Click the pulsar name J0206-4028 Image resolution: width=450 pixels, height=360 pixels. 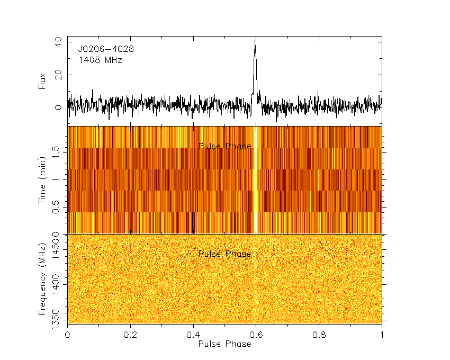pyautogui.click(x=106, y=49)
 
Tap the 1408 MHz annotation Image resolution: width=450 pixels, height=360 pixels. pyautogui.click(x=101, y=60)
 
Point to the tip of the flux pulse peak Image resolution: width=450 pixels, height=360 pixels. pyautogui.click(x=255, y=39)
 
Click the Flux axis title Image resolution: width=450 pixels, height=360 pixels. pyautogui.click(x=42, y=81)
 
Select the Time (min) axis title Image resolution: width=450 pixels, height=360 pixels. pyautogui.click(x=42, y=180)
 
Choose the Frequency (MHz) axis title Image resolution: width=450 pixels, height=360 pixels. pyautogui.click(x=42, y=279)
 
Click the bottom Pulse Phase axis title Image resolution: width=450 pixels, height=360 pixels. pyautogui.click(x=224, y=344)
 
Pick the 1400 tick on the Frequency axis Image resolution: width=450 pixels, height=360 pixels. pyautogui.click(x=58, y=284)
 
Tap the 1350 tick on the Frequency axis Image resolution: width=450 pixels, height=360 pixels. pyautogui.click(x=58, y=320)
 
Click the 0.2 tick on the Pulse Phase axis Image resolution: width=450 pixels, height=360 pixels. pyautogui.click(x=130, y=335)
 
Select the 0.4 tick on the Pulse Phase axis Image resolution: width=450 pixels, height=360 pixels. pyautogui.click(x=193, y=335)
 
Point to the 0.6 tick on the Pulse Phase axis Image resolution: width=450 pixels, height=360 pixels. pyautogui.click(x=256, y=335)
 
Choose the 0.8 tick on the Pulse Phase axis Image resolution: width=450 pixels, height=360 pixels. pyautogui.click(x=319, y=335)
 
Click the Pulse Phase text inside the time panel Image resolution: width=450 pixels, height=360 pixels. pyautogui.click(x=224, y=146)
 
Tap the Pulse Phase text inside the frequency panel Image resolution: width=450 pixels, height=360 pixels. pyautogui.click(x=224, y=254)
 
